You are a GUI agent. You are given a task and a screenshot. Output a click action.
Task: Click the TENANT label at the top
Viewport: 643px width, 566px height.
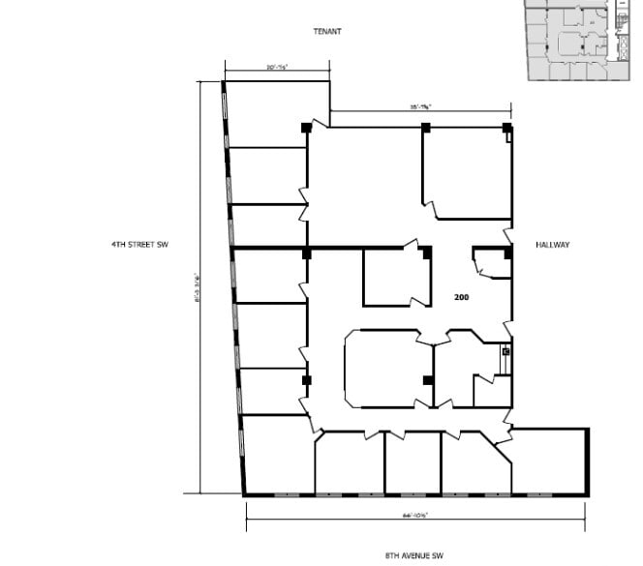pos(326,31)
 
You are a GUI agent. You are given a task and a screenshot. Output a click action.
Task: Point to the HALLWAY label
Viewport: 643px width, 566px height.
pos(552,245)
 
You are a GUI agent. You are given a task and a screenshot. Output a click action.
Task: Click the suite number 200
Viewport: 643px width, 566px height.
pos(462,297)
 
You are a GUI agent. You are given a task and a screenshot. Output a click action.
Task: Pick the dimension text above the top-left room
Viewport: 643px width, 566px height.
pos(277,67)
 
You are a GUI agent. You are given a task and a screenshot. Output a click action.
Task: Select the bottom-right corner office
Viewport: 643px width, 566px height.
pos(549,461)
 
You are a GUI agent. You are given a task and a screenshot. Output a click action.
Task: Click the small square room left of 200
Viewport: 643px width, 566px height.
pos(395,278)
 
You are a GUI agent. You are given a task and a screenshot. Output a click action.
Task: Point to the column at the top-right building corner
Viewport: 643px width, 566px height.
pos(506,128)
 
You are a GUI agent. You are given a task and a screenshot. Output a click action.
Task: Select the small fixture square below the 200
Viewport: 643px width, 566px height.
pos(505,352)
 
